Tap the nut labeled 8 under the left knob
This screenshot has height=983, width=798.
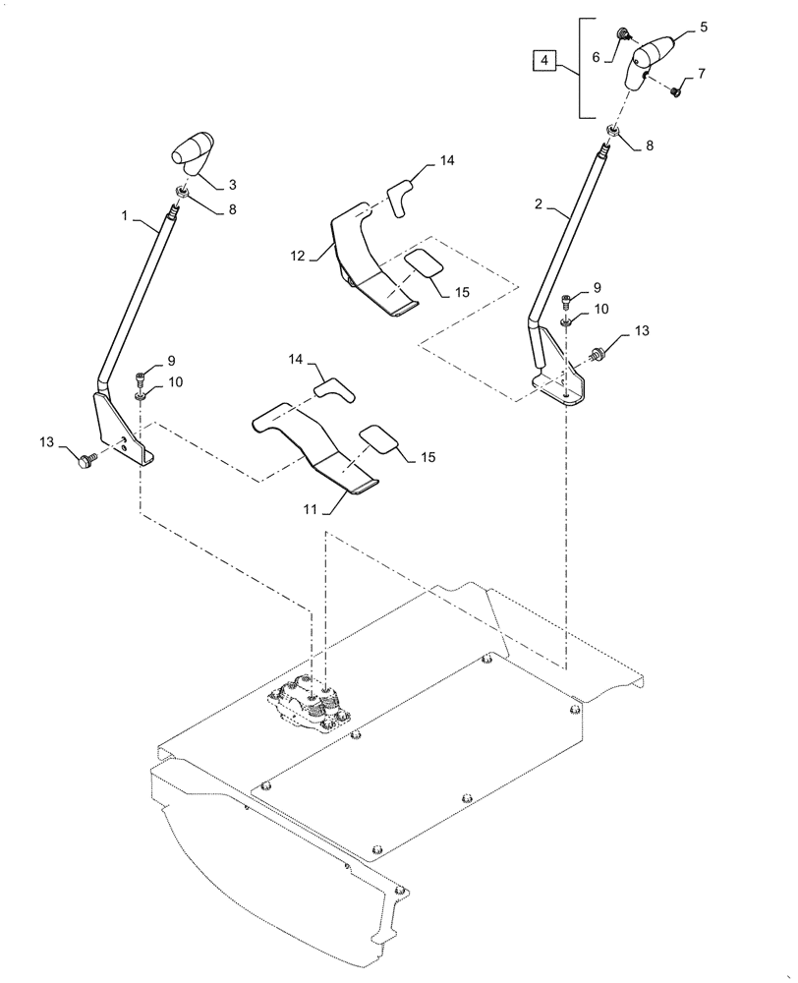tap(183, 192)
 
